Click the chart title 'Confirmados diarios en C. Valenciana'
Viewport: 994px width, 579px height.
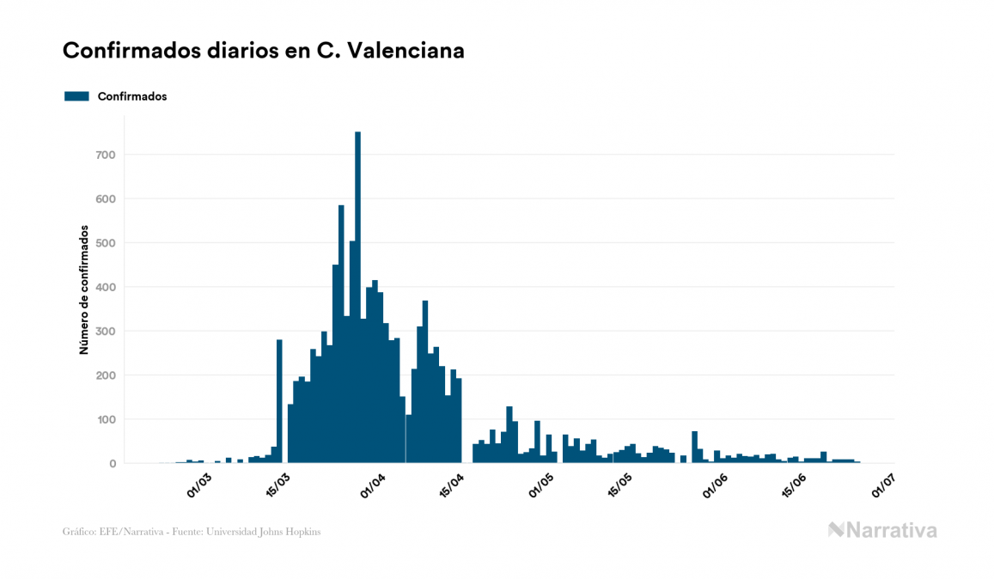coord(264,52)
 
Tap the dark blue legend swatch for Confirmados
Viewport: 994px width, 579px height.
coord(77,96)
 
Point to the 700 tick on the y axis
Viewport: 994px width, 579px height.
coord(105,155)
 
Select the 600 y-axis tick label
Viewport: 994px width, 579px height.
coord(105,199)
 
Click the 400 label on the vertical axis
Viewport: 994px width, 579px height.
coord(105,287)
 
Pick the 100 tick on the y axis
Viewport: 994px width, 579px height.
coord(105,419)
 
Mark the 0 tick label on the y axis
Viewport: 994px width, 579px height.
coord(112,464)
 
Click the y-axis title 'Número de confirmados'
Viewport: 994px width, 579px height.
coord(84,290)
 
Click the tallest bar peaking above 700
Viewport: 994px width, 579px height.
coord(357,301)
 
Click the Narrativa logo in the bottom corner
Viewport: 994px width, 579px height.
coord(882,530)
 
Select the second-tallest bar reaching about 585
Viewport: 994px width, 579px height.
coord(341,344)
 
